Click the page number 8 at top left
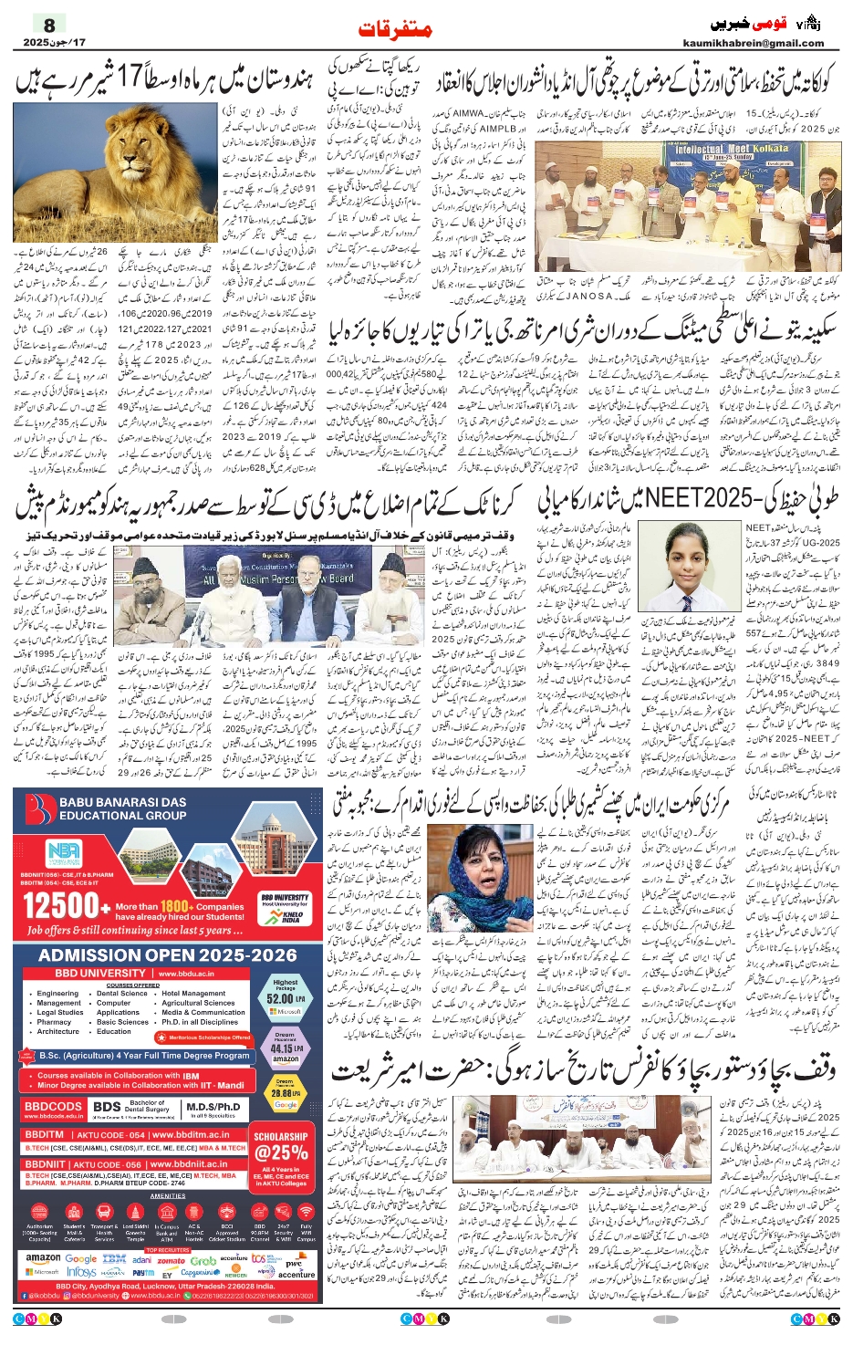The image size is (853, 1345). (x=49, y=26)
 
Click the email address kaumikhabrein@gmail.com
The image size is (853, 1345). (x=753, y=43)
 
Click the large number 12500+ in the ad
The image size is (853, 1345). (x=60, y=906)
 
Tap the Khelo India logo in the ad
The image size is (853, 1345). (x=292, y=915)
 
